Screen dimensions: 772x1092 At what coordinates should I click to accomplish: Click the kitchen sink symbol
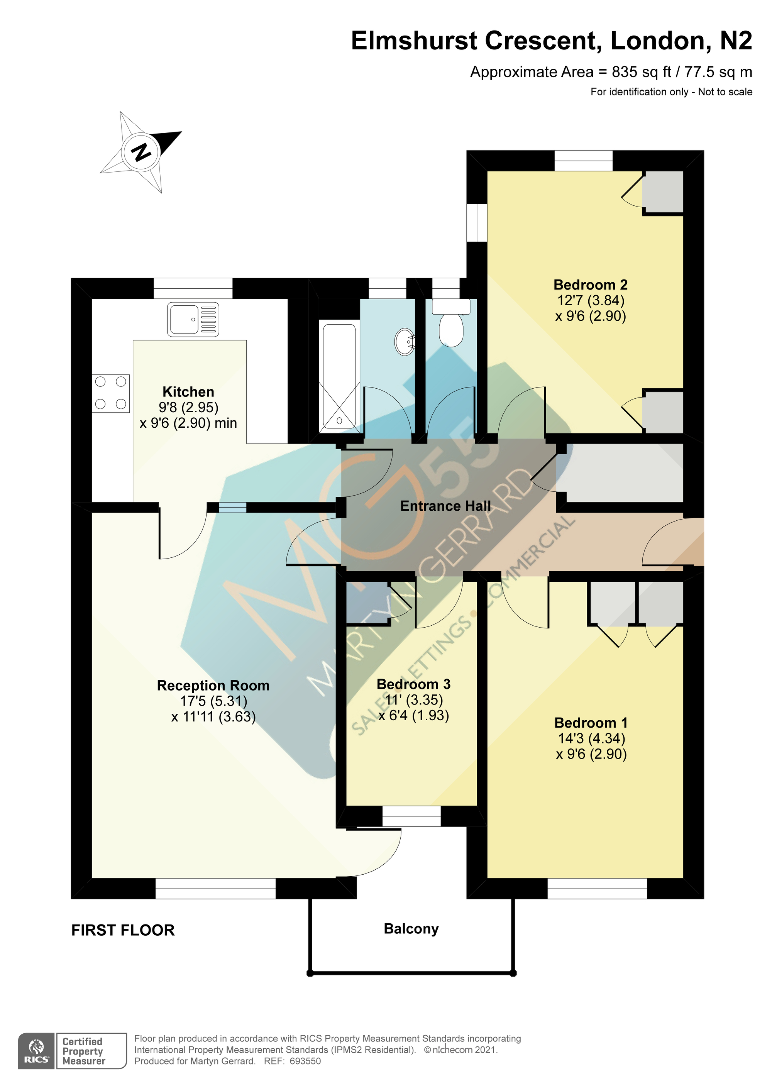[193, 319]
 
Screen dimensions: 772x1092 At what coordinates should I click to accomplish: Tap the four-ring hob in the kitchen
[111, 393]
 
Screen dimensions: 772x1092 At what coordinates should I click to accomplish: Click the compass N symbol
[141, 152]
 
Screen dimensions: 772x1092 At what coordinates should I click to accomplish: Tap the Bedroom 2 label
[590, 285]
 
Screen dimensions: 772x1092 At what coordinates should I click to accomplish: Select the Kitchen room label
[188, 392]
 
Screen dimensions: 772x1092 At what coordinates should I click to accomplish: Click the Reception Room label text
[213, 686]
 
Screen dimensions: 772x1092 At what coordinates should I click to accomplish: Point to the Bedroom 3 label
[413, 684]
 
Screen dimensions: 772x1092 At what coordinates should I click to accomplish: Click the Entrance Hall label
[445, 506]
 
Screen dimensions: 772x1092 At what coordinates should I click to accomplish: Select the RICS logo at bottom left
[36, 1051]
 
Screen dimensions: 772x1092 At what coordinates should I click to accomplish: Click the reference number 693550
[305, 1061]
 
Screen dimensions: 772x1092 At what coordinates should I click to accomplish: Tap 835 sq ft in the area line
[641, 72]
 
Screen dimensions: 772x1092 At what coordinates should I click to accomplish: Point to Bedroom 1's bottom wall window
[597, 888]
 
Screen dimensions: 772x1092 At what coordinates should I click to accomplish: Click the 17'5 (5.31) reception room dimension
[213, 701]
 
